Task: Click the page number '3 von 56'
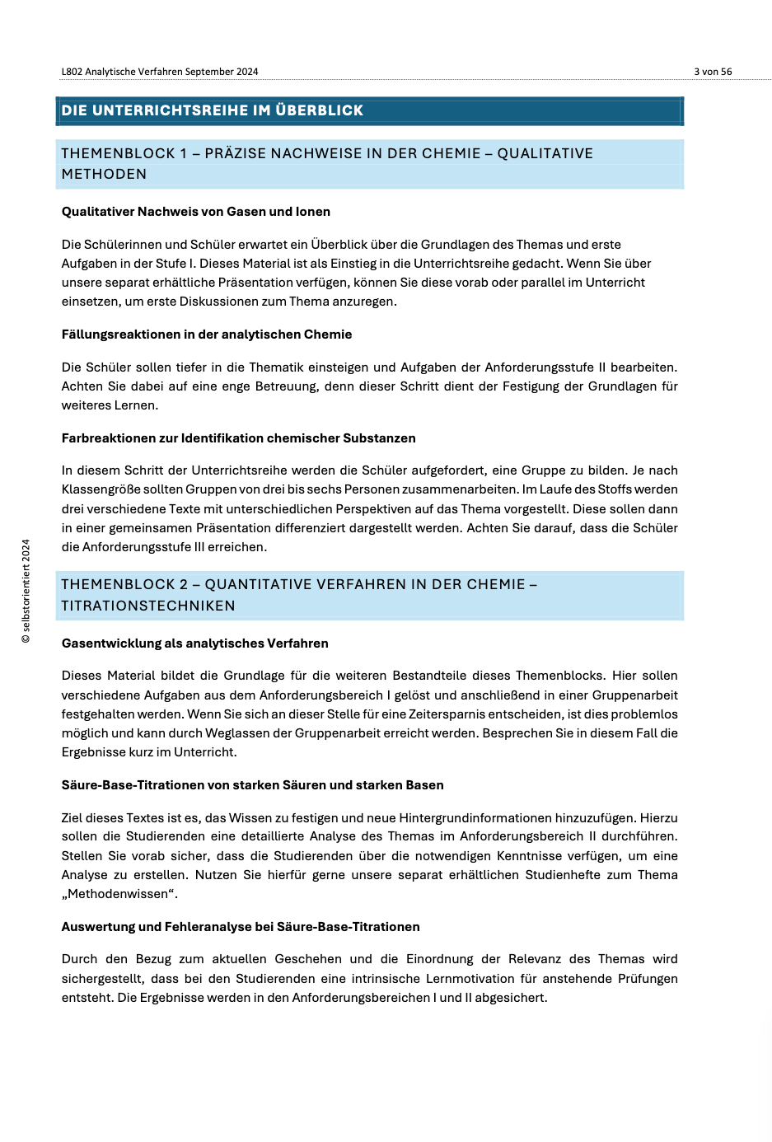pyautogui.click(x=713, y=72)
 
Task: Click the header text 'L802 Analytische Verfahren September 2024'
pyautogui.click(x=160, y=72)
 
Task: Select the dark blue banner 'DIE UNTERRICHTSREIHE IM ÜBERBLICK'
pyautogui.click(x=369, y=110)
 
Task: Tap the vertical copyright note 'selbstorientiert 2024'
pyautogui.click(x=26, y=591)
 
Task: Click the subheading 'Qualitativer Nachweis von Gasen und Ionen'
pyautogui.click(x=196, y=212)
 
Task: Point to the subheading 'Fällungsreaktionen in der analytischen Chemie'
pyautogui.click(x=207, y=335)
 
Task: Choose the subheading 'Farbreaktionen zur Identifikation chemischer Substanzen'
pyautogui.click(x=239, y=438)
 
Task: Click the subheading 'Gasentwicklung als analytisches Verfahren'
pyautogui.click(x=195, y=644)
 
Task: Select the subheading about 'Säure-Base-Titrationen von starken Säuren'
pyautogui.click(x=253, y=785)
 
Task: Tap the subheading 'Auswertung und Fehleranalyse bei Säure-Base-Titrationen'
pyautogui.click(x=241, y=927)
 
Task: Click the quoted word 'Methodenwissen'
pyautogui.click(x=119, y=894)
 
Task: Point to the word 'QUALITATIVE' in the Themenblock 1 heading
pyautogui.click(x=545, y=153)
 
